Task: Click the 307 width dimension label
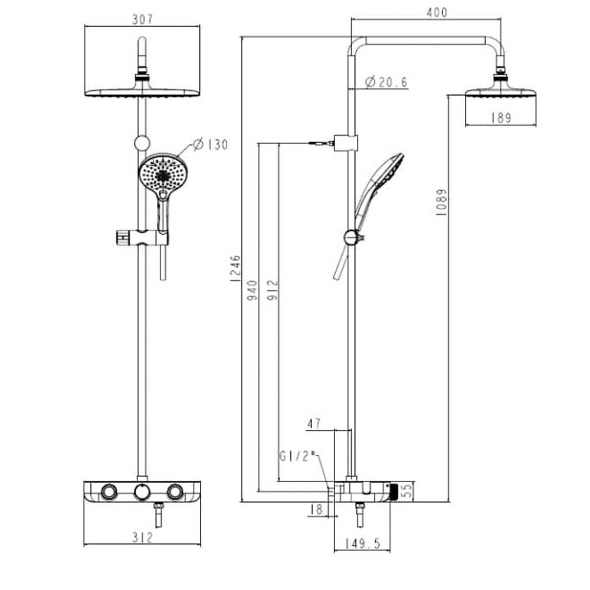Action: (142, 19)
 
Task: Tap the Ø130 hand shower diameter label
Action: (211, 144)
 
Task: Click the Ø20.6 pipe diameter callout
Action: (386, 83)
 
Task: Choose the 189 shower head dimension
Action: (501, 118)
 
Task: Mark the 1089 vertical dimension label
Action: (441, 202)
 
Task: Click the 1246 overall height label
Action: (235, 269)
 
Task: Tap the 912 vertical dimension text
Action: (272, 290)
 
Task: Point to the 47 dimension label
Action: (314, 423)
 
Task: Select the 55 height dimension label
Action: (406, 491)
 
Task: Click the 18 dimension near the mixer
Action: (317, 509)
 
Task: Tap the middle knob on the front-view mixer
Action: (142, 491)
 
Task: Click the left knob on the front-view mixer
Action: (109, 491)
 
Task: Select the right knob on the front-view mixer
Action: (175, 491)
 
